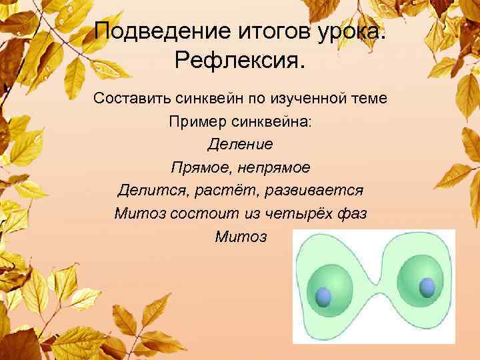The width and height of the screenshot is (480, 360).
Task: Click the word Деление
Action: [x=240, y=144]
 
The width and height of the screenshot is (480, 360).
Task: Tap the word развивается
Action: [x=314, y=190]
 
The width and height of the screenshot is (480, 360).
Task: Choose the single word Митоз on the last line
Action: [x=240, y=237]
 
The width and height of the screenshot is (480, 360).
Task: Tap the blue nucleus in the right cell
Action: [x=427, y=287]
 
